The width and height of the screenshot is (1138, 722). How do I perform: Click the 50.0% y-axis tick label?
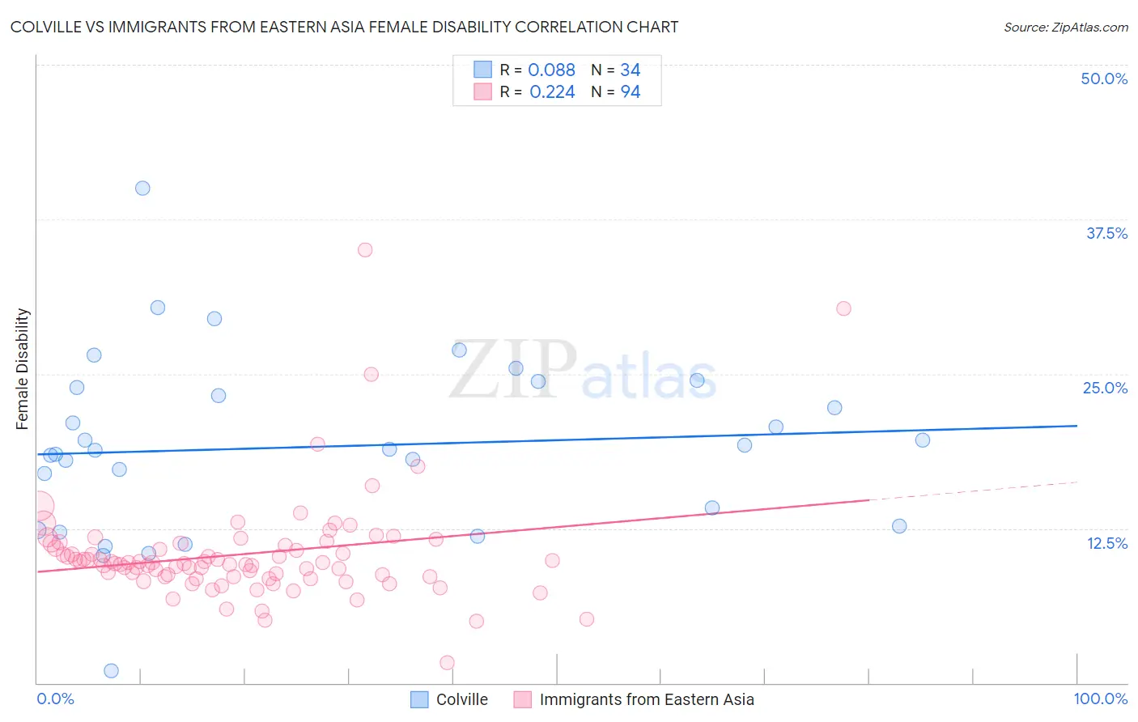click(1104, 79)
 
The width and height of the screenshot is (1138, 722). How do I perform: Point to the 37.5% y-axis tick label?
click(1106, 233)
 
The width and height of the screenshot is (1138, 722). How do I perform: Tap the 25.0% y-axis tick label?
click(1105, 388)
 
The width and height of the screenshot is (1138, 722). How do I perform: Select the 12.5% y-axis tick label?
click(1106, 543)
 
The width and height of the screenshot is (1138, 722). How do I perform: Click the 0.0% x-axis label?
click(55, 699)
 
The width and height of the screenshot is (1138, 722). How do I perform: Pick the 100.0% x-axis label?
click(1100, 699)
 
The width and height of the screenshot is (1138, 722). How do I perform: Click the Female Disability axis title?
click(23, 368)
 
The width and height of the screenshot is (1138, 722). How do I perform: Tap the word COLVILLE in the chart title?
click(49, 27)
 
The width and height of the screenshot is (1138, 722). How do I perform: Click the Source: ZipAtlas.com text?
click(1065, 27)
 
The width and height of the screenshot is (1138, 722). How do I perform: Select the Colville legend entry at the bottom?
click(461, 699)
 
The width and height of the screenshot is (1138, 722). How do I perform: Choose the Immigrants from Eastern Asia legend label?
click(646, 699)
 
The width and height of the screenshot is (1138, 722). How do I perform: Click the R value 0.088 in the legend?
click(551, 70)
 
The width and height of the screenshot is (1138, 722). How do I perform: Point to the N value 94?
click(630, 92)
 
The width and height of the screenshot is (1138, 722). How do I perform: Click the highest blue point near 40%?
click(142, 188)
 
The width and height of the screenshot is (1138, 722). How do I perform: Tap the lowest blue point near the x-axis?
click(112, 670)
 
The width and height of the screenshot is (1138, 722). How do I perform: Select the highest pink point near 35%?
click(365, 250)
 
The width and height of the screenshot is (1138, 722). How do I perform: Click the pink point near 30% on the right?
click(843, 308)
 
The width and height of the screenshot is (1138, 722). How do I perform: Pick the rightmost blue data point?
click(922, 440)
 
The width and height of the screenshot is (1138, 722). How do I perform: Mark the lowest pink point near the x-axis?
click(447, 663)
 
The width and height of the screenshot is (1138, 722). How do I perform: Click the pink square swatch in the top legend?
click(482, 91)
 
